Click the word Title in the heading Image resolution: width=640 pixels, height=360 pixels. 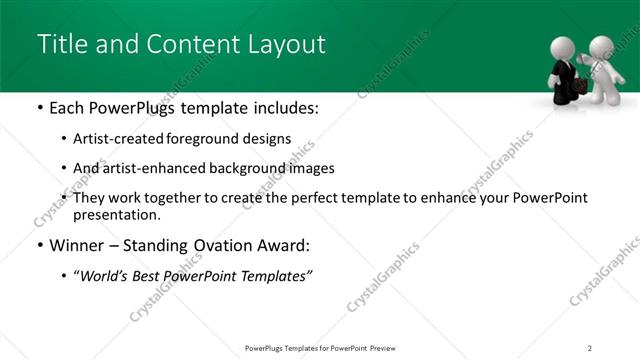(59, 45)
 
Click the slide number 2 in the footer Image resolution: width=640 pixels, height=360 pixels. (590, 347)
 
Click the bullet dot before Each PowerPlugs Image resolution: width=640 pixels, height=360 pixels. (39, 108)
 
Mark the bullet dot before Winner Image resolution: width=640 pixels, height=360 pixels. (39, 245)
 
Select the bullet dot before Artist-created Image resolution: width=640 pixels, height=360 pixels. (65, 139)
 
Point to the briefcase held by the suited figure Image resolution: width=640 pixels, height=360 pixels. (578, 89)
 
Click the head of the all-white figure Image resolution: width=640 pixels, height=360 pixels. (601, 46)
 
